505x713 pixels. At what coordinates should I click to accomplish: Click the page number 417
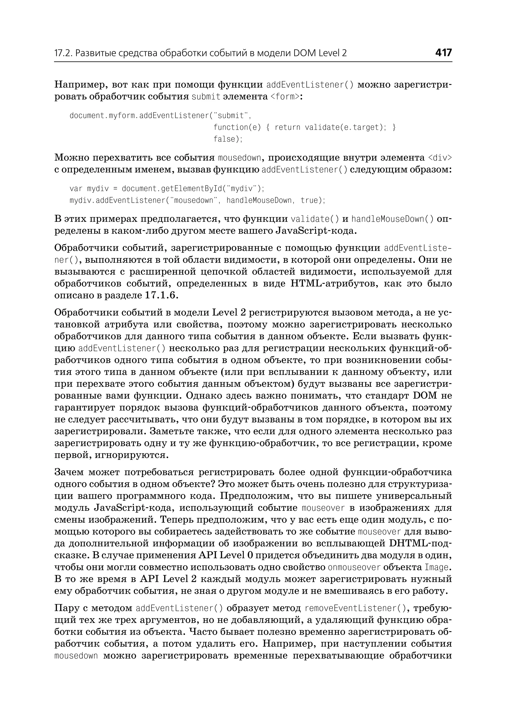pos(443,53)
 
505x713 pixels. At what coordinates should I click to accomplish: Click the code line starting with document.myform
pos(160,116)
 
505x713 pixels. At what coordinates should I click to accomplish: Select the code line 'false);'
pos(228,139)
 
